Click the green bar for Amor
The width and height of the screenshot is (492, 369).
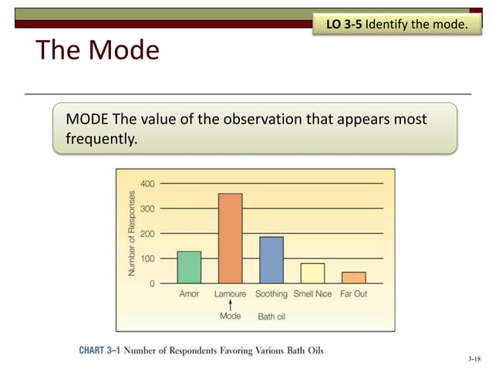click(x=189, y=267)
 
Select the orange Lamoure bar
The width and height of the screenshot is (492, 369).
click(x=230, y=239)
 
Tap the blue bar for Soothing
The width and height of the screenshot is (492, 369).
click(x=271, y=260)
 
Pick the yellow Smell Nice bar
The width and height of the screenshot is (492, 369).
click(x=312, y=273)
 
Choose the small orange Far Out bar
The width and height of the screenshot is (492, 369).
click(x=353, y=278)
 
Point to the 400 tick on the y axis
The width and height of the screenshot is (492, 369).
click(x=147, y=183)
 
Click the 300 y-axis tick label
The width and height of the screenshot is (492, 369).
click(x=147, y=208)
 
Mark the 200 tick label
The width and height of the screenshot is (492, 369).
click(x=147, y=233)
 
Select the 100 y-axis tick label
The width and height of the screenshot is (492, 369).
click(x=147, y=259)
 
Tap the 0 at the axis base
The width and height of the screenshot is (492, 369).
click(x=151, y=283)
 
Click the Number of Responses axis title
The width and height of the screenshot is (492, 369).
click(x=132, y=232)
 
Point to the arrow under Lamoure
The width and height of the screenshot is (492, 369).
click(x=230, y=305)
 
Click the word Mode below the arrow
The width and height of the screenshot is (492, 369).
click(x=230, y=316)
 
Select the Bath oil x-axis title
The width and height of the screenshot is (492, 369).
click(x=271, y=317)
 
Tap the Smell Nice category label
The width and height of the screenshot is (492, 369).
click(x=312, y=294)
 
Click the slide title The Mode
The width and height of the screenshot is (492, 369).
click(x=97, y=50)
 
